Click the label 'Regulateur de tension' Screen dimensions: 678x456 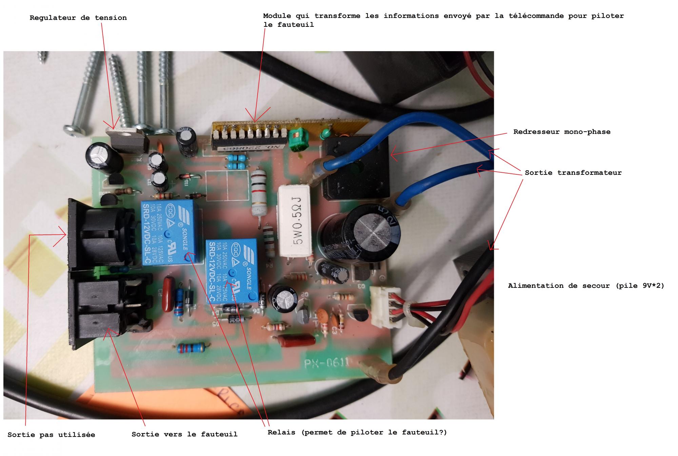(x=78, y=18)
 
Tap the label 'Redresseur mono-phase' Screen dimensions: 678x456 (x=562, y=132)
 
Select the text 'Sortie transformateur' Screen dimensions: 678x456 (x=573, y=172)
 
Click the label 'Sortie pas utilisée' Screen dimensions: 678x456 (x=51, y=435)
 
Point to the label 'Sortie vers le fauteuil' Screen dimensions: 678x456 (x=184, y=434)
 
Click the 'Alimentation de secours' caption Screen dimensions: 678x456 (x=586, y=286)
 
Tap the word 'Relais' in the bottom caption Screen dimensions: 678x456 (x=281, y=432)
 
